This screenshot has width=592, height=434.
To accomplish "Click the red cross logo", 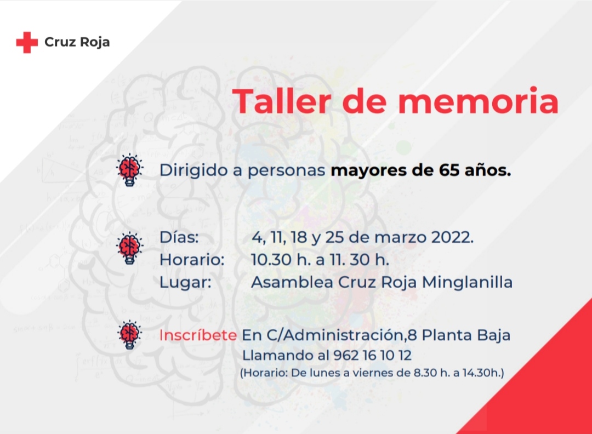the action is click(27, 42).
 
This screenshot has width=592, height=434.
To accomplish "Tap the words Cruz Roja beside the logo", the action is click(77, 42).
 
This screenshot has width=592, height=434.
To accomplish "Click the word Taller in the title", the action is click(281, 101).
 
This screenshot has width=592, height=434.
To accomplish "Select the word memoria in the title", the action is click(479, 101).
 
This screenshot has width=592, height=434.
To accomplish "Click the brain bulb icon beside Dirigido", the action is click(129, 170).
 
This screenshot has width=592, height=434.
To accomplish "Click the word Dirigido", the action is click(193, 170).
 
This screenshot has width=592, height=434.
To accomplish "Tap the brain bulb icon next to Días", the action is click(129, 248).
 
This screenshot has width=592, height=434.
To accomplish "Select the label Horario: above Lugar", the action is click(192, 260).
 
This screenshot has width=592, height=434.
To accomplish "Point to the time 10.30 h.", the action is click(277, 260).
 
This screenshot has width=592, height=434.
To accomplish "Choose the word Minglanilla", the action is click(467, 282).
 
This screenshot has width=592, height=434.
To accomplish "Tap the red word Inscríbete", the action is click(198, 335).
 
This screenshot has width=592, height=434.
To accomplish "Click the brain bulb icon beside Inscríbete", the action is click(129, 335).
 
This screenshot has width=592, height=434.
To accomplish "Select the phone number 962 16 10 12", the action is click(372, 356).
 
